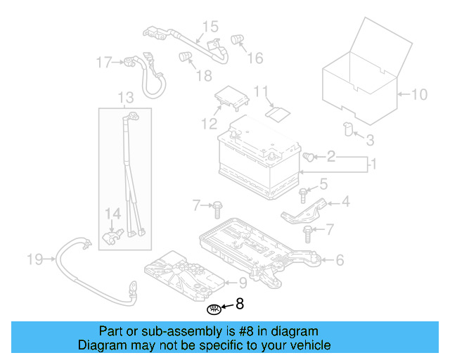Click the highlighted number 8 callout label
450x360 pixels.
tap(240, 304)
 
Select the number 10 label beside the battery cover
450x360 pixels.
tap(418, 94)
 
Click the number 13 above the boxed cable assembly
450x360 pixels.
tap(125, 97)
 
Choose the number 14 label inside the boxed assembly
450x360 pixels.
tap(113, 213)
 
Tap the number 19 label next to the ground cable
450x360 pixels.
tap(35, 260)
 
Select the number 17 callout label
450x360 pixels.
tap(104, 63)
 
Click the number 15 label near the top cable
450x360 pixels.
tap(211, 27)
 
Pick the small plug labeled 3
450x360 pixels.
tap(347, 127)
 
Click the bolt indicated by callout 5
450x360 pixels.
tap(303, 192)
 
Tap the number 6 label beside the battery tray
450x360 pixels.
tap(339, 260)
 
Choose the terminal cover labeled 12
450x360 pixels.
tap(232, 98)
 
